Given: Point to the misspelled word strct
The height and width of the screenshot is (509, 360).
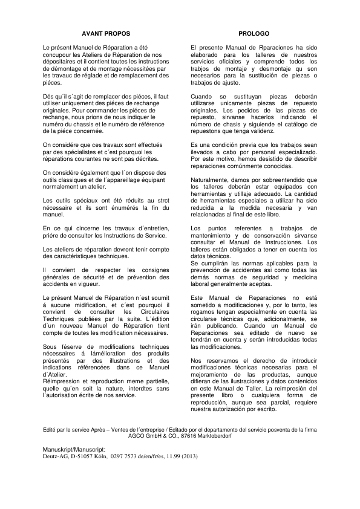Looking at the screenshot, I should click(160, 199).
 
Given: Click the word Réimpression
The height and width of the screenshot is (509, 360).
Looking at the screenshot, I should click(64, 382).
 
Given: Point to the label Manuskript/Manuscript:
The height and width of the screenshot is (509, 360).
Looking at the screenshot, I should click(74, 450).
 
